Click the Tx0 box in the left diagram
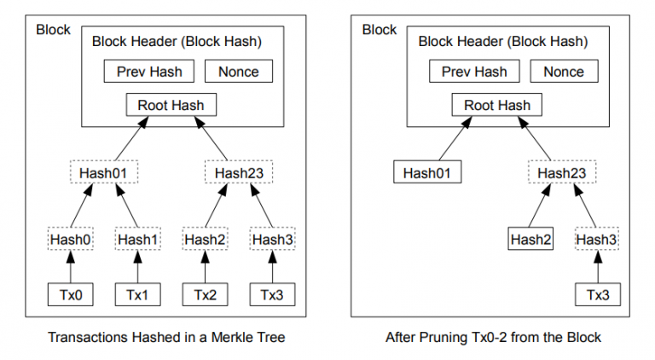point(69,294)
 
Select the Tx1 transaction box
point(137,294)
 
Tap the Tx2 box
point(206,294)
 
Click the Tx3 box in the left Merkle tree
point(272,294)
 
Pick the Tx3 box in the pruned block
point(596,294)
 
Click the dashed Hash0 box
point(69,240)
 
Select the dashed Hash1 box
point(137,240)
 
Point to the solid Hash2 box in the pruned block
point(530,240)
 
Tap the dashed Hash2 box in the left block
point(206,240)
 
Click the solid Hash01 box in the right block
point(427,172)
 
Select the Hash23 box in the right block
point(564,172)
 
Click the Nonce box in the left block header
point(239,71)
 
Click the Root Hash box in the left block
point(171,106)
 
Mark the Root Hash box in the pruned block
point(496,106)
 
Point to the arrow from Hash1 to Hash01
point(125,206)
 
